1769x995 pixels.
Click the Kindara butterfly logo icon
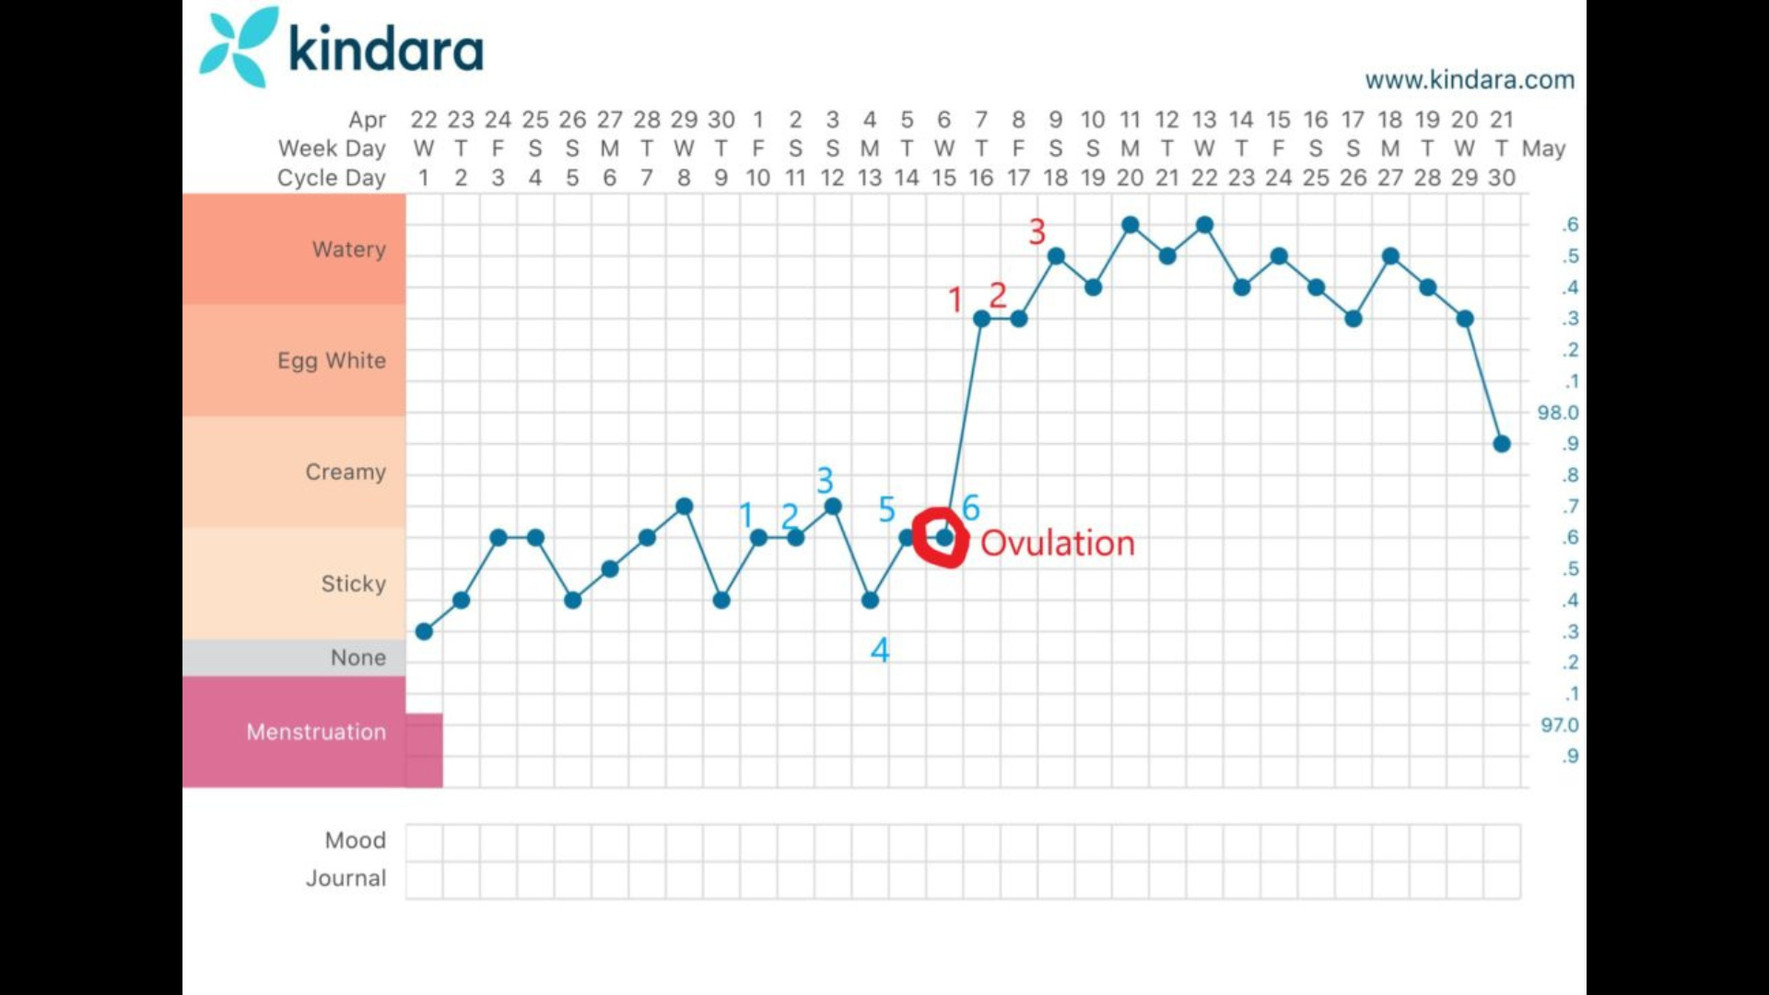[x=239, y=47]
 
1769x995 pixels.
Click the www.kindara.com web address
[x=1470, y=80]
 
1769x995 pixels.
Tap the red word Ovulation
[x=1058, y=543]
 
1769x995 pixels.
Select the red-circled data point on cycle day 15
[x=944, y=537]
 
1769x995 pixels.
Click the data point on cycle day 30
[x=1502, y=444]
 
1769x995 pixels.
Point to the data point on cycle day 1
[x=424, y=632]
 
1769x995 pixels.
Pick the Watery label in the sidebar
[x=349, y=249]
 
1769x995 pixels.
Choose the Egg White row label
[x=332, y=360]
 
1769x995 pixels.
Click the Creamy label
[x=346, y=472]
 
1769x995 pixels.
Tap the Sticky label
[x=354, y=583]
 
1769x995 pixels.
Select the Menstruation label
[x=316, y=732]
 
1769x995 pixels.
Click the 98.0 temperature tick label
[x=1558, y=413]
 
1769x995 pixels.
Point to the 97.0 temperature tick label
[x=1560, y=725]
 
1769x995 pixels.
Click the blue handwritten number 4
[x=880, y=650]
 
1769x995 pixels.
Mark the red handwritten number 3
[x=1037, y=231]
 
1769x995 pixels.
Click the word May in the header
[x=1544, y=149]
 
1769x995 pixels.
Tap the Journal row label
[x=346, y=878]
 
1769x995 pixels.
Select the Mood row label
[x=356, y=840]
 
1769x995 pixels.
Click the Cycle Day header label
[x=332, y=178]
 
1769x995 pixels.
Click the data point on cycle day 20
[x=1131, y=225]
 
